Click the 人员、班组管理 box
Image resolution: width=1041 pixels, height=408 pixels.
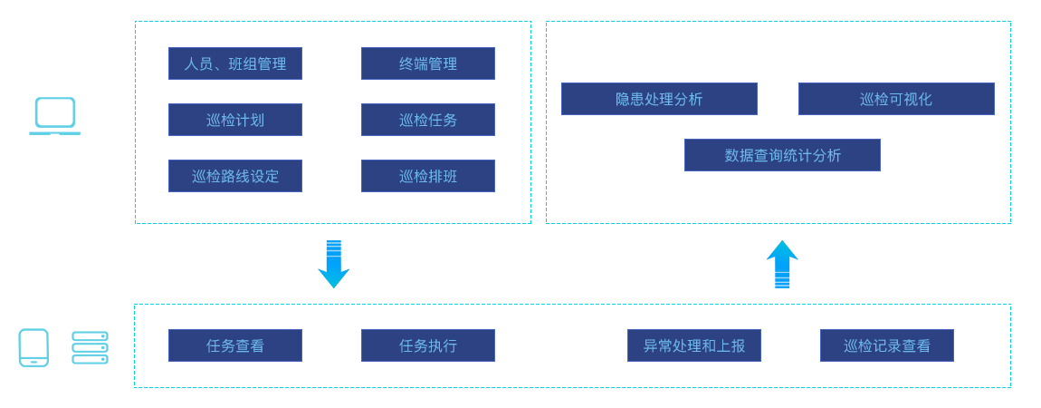tap(235, 63)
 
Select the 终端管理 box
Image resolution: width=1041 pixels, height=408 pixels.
tap(428, 63)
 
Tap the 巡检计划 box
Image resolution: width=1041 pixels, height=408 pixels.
tap(235, 120)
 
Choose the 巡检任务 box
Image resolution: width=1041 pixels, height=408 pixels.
tap(428, 120)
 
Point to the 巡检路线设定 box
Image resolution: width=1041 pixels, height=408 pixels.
tap(235, 176)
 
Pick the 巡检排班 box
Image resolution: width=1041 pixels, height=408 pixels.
tap(428, 176)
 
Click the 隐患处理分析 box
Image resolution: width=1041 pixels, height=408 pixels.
tap(659, 99)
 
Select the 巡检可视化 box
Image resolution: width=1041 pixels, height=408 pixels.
tap(896, 99)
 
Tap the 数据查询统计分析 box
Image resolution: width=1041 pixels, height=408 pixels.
tap(782, 155)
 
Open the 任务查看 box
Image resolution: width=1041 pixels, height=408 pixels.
tap(235, 345)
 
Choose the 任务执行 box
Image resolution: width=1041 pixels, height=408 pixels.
tap(428, 345)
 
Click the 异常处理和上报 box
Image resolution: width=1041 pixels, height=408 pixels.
tap(694, 345)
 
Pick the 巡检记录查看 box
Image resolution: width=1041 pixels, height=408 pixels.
tap(887, 345)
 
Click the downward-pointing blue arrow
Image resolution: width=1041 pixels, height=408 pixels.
tap(333, 265)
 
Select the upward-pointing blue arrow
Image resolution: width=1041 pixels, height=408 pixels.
tap(782, 265)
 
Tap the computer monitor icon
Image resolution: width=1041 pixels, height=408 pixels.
tap(53, 116)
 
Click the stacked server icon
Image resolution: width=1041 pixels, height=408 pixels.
tap(90, 347)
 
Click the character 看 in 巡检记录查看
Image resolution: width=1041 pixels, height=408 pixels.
tap(923, 345)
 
